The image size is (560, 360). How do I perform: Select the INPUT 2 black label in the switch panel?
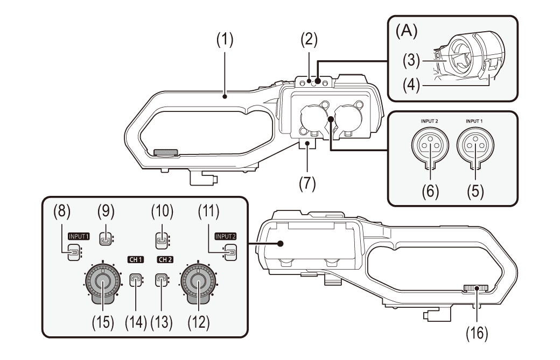pyautogui.click(x=226, y=236)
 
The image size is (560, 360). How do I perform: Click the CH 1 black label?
pyautogui.click(x=136, y=259)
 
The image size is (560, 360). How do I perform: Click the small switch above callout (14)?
pyautogui.click(x=136, y=279)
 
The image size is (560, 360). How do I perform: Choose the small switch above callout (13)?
pyautogui.click(x=160, y=279)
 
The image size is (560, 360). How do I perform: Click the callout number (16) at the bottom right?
pyautogui.click(x=477, y=334)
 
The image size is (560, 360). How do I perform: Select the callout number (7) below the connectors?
pyautogui.click(x=308, y=183)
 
